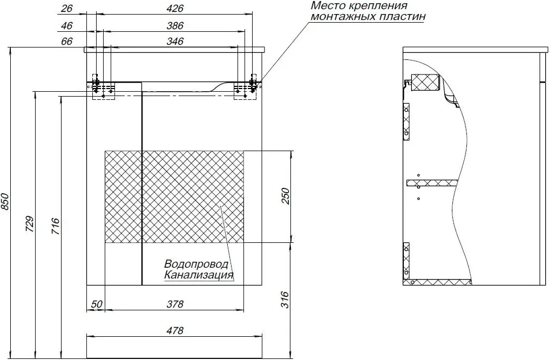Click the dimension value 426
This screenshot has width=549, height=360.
pyautogui.click(x=175, y=8)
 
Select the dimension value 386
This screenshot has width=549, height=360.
pyautogui.click(x=175, y=25)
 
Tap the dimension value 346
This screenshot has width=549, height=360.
pyautogui.click(x=175, y=41)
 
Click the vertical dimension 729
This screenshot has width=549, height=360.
pyautogui.click(x=30, y=224)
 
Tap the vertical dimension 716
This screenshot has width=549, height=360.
pyautogui.click(x=56, y=226)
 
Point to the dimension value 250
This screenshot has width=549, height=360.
pyautogui.click(x=286, y=196)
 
